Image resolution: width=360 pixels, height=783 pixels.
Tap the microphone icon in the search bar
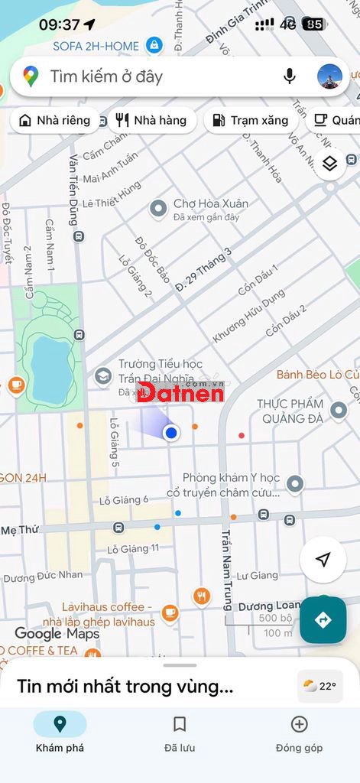tap(289, 76)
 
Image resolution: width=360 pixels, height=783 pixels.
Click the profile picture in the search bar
tap(329, 76)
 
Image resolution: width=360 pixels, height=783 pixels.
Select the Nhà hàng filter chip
tap(151, 120)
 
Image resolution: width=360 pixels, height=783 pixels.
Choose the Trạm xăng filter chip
tap(250, 120)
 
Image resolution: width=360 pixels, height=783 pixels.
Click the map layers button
tap(329, 164)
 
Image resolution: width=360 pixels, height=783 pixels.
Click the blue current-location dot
tap(171, 433)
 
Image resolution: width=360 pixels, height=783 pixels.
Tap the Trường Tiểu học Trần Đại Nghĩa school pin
tap(102, 376)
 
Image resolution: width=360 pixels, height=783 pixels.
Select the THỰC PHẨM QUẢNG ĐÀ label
tap(290, 411)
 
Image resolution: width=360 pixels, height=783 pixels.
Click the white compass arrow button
tap(323, 560)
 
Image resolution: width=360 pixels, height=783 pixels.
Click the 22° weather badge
tap(319, 686)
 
